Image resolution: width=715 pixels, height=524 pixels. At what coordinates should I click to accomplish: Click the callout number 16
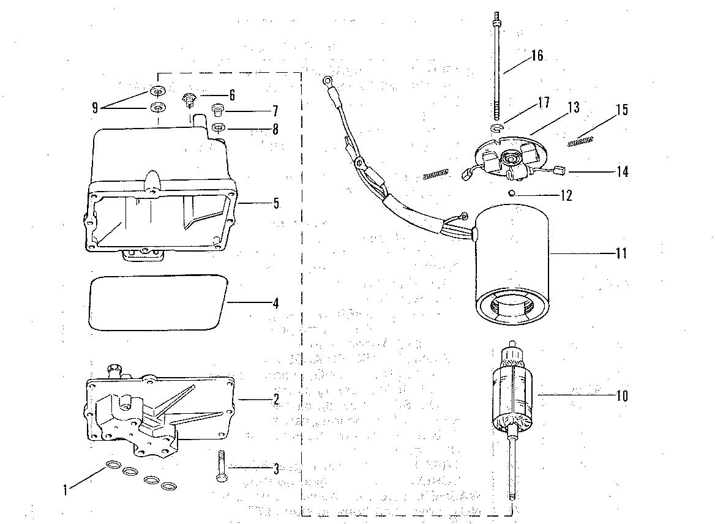tap(537, 56)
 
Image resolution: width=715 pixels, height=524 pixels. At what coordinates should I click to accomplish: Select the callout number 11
tap(621, 253)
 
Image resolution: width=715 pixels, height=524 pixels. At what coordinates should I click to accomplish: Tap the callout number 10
tap(622, 395)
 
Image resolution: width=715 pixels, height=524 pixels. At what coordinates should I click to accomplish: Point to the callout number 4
tap(276, 303)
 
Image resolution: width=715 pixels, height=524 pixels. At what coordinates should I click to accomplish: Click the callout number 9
tap(95, 108)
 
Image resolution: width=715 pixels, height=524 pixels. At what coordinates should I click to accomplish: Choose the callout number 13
tap(573, 108)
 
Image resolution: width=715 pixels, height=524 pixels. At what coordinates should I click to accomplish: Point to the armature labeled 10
tap(512, 392)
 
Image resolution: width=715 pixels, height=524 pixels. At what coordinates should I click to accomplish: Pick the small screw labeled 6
tap(189, 97)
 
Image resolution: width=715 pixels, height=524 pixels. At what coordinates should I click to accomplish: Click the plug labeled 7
tap(217, 111)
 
